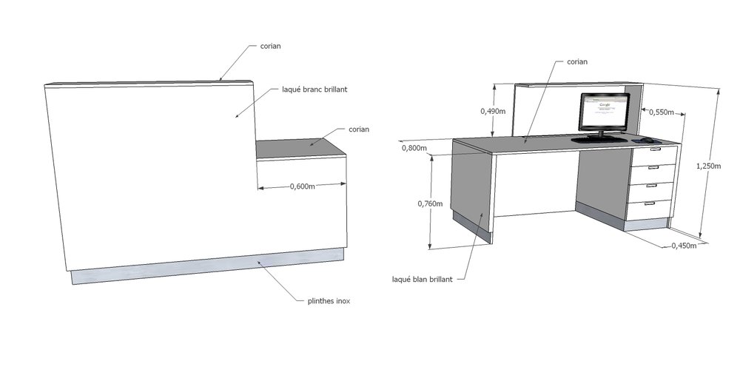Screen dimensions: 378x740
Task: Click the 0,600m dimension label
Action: tap(302, 186)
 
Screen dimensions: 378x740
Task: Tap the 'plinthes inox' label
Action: tap(329, 301)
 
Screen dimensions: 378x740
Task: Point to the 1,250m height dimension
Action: tap(708, 166)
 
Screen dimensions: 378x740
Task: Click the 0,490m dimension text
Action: tap(492, 112)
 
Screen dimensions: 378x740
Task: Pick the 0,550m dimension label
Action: tap(662, 112)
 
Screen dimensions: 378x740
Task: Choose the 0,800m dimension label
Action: tap(414, 148)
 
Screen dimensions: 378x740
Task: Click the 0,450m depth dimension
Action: tap(683, 246)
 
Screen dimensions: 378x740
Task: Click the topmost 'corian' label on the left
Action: tap(269, 47)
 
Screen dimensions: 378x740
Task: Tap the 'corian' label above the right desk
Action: tap(576, 61)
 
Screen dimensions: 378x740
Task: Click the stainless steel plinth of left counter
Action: tap(207, 269)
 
